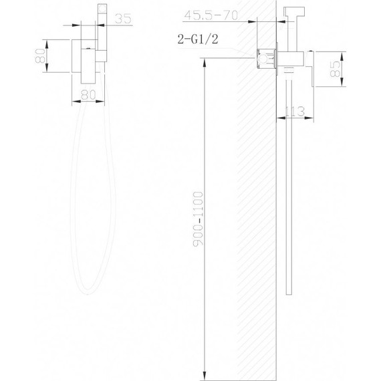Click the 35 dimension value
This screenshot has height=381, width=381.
pos(123,19)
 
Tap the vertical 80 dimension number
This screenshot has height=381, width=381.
pos(40,56)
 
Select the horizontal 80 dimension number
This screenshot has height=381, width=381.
pos(88,95)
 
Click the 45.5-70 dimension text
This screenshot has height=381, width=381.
pos(211,15)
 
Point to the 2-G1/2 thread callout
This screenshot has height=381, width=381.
pos(198,39)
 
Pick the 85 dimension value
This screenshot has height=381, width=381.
pos(336,69)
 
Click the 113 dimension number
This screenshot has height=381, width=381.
pos(295,112)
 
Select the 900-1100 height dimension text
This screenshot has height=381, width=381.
pos(198,219)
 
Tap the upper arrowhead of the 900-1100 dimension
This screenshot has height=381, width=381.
pos(205,63)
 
